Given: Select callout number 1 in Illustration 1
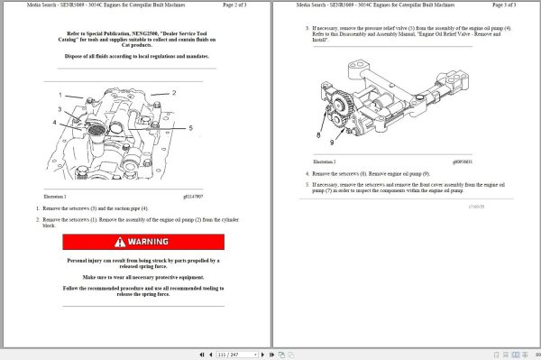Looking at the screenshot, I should (x=61, y=94).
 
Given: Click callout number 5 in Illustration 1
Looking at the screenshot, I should (x=190, y=128).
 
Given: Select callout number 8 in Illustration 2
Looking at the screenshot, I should (x=317, y=135).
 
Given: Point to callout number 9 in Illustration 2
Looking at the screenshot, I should (x=333, y=142).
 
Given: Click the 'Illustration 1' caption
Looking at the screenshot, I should (x=55, y=196).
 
